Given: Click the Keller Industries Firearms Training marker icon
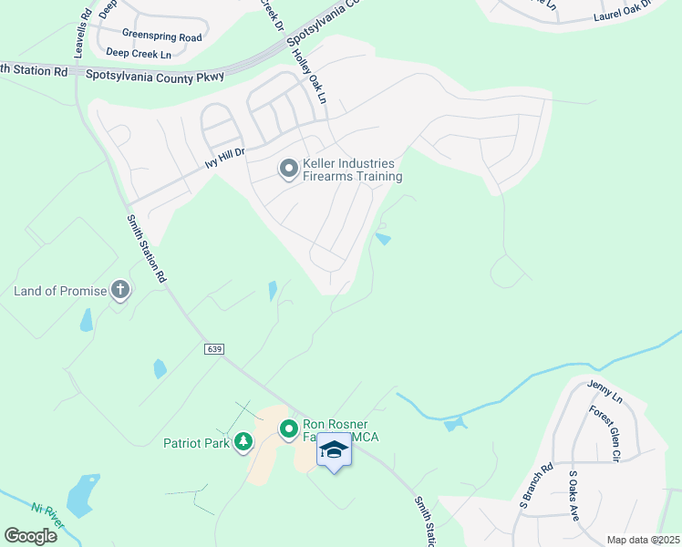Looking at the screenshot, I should click(288, 169).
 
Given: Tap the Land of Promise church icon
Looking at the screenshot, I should click(119, 291).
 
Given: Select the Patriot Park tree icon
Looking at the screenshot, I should click(243, 443).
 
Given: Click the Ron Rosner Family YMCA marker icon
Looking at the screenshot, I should click(289, 428).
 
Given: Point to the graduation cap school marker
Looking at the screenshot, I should click(335, 451).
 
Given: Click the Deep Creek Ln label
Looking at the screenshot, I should click(139, 55).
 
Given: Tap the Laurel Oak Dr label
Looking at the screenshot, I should click(625, 11).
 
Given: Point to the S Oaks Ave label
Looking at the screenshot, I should click(573, 496).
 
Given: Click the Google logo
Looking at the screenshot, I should click(31, 535).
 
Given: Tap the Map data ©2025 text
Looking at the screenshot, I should click(642, 540).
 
